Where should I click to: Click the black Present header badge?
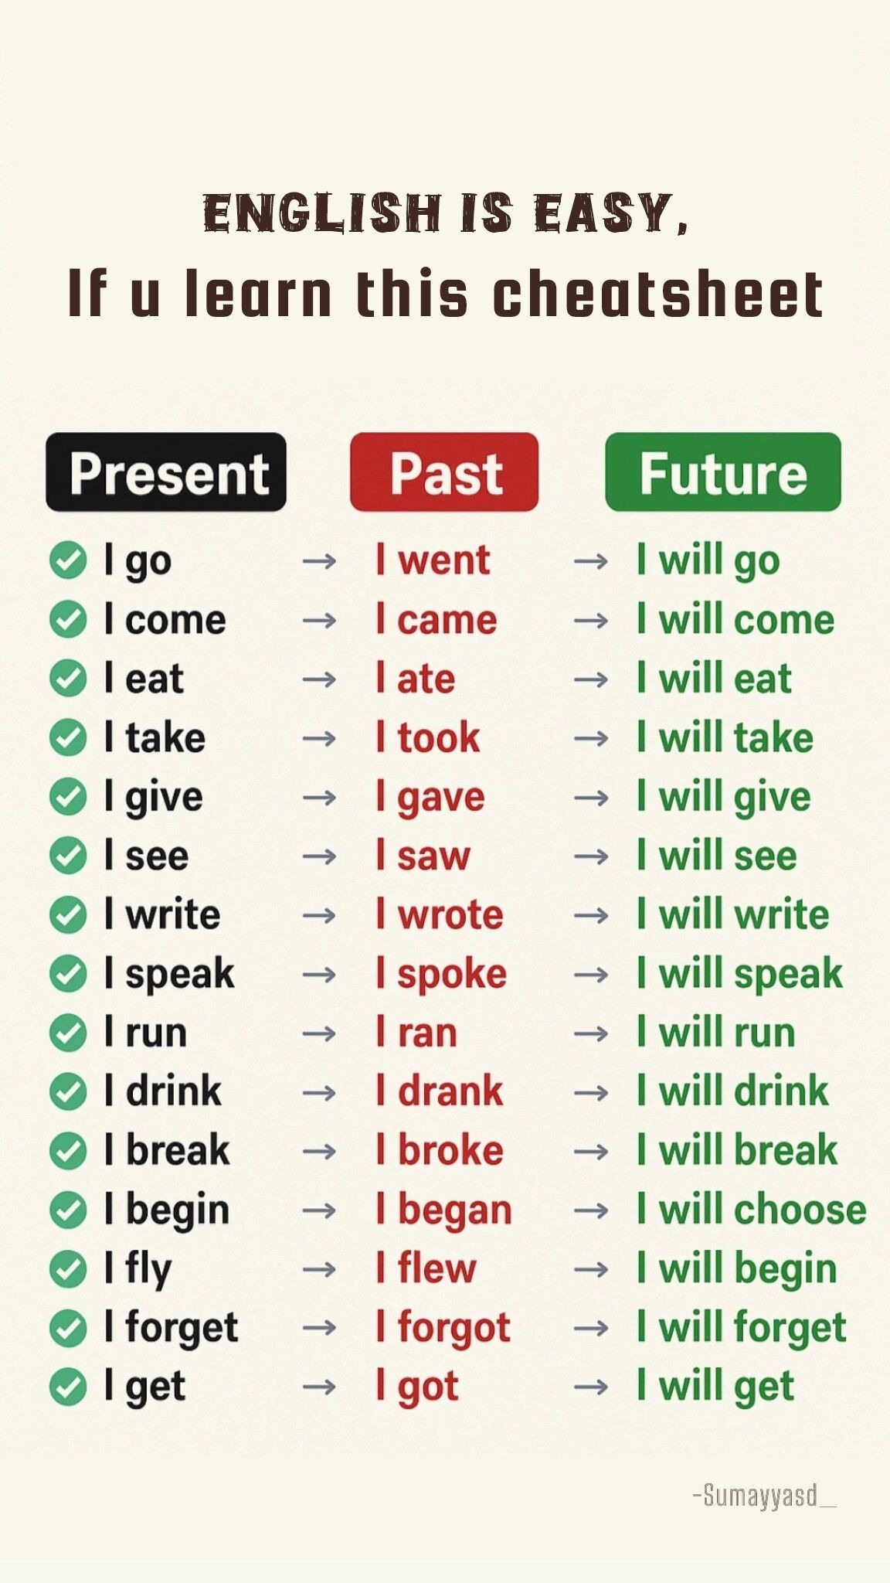[166, 471]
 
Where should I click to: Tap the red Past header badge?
[444, 471]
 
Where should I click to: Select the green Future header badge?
[723, 471]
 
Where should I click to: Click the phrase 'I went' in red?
[433, 560]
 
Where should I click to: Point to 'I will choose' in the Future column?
[752, 1209]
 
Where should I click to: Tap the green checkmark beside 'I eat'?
[68, 679]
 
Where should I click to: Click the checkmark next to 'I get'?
[68, 1387]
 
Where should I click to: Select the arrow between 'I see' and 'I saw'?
[319, 856]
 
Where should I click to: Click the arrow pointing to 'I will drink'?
[591, 1092]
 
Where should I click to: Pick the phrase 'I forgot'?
[443, 1329]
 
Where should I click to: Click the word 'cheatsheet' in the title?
[658, 294]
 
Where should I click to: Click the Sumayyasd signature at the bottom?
[764, 1496]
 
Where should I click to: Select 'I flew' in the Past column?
[426, 1268]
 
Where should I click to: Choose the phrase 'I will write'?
[733, 914]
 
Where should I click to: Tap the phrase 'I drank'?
[439, 1091]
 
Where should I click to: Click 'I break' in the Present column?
[167, 1150]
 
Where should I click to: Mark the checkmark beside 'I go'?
[68, 560]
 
